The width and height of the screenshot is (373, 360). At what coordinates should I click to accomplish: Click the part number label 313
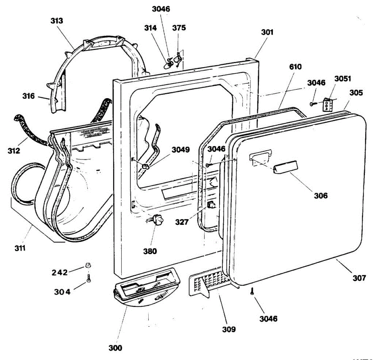click(57, 21)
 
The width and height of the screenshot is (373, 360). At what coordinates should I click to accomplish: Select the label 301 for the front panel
click(267, 32)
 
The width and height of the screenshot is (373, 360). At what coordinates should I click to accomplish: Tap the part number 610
click(295, 67)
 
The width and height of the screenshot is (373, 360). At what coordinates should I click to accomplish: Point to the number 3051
click(343, 78)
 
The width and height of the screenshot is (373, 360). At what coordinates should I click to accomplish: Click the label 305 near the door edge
click(356, 93)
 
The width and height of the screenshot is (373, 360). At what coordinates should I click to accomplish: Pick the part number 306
click(320, 195)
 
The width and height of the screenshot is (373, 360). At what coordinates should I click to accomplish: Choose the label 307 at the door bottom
click(359, 278)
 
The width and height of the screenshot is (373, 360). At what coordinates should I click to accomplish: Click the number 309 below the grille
click(229, 329)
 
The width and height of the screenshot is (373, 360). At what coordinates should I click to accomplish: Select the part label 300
click(115, 348)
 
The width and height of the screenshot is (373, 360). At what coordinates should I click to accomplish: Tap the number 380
click(150, 251)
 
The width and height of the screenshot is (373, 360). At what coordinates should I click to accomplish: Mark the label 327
click(182, 222)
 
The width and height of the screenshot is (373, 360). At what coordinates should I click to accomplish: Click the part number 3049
click(181, 150)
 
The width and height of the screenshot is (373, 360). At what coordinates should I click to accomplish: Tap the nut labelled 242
click(88, 266)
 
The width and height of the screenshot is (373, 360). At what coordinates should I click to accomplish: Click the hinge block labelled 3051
click(328, 104)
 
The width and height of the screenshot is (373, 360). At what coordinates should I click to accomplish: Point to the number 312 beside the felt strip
click(14, 151)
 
